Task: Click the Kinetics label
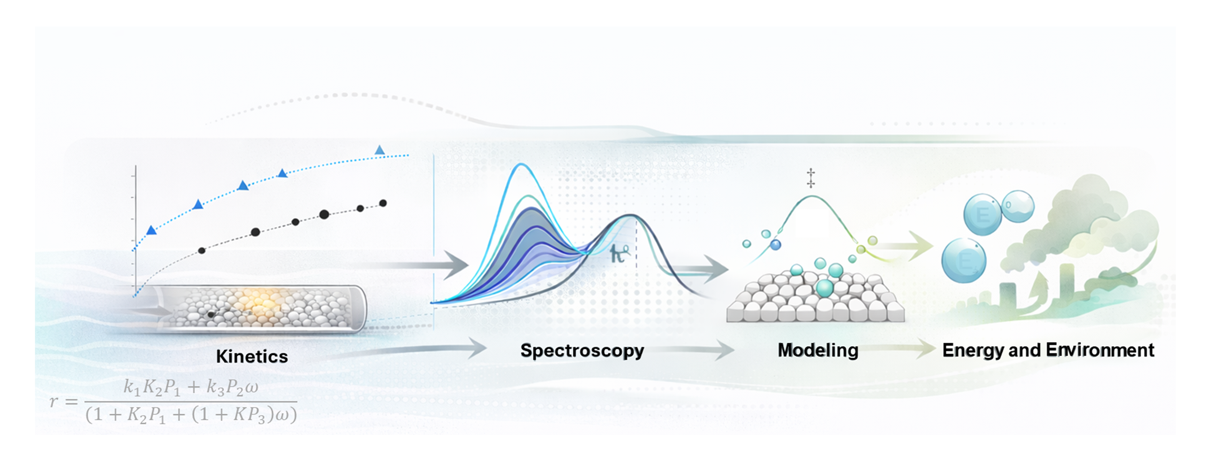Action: click(x=252, y=356)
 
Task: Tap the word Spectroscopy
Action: click(x=582, y=351)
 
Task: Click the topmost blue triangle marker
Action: click(x=380, y=150)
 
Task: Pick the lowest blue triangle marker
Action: click(x=151, y=230)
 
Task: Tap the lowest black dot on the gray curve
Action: click(x=202, y=250)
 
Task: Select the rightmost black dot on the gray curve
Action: click(x=383, y=203)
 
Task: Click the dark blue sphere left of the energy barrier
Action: click(x=776, y=244)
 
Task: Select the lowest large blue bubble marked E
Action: click(x=963, y=260)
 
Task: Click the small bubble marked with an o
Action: click(x=1018, y=206)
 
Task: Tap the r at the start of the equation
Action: click(x=55, y=402)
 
